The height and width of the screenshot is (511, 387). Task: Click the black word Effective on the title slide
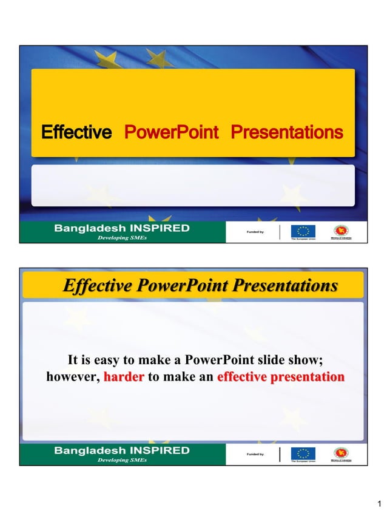[x=76, y=132]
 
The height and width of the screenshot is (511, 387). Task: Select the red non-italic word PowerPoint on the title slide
[x=171, y=132]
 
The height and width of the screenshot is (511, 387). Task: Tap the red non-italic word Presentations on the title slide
[x=287, y=132]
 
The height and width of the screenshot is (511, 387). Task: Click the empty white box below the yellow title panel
[x=193, y=185]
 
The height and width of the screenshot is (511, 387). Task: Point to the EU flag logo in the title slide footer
[x=303, y=232]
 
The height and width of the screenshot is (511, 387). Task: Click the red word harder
[x=124, y=377]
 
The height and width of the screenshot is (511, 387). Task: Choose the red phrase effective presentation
[x=280, y=377]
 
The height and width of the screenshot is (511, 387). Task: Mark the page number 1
[x=379, y=503]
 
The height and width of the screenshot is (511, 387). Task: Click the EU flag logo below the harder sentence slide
[x=303, y=454]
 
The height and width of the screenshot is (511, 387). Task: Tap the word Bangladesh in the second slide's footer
[x=89, y=450]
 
